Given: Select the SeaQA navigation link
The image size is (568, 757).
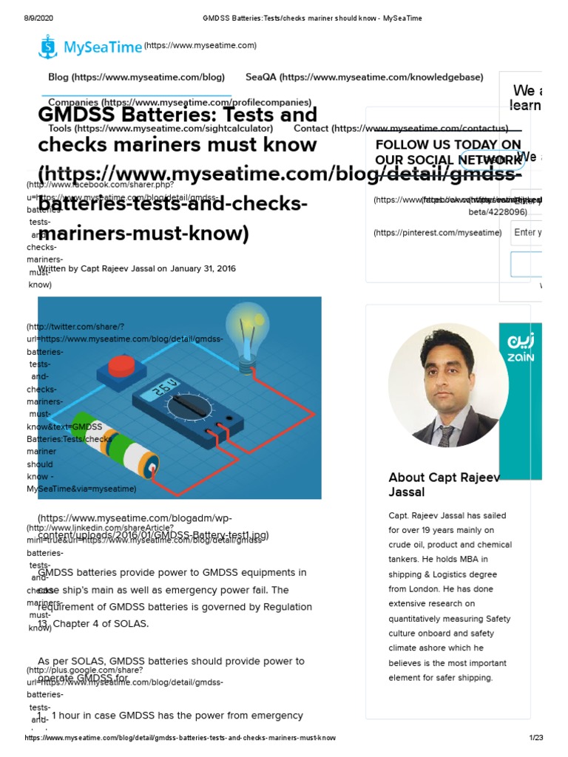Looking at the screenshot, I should (260, 77).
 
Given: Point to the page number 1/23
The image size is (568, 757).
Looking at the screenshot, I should (535, 738).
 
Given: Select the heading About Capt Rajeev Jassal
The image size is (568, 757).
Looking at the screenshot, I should (444, 484).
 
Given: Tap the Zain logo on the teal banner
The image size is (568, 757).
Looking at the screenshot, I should (520, 347).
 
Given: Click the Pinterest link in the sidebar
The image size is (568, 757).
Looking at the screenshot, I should (437, 233).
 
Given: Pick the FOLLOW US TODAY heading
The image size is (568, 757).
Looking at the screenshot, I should (448, 152).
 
